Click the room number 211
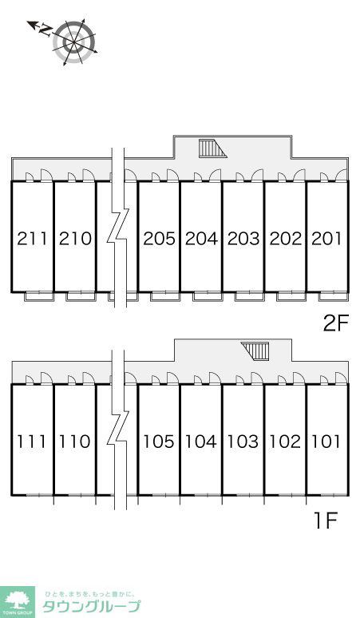32,239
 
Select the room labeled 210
75,239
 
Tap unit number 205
159,239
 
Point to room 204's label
201,239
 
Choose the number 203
243,239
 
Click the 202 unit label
286,239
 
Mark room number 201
326,239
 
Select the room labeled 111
32,442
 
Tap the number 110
75,442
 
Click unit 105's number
159,442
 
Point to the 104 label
201,442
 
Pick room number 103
243,442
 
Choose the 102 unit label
285,442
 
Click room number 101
326,442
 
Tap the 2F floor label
336,324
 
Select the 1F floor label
326,522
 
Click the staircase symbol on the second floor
212,149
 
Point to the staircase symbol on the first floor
255,351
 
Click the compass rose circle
73,42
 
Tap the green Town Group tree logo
18,602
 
